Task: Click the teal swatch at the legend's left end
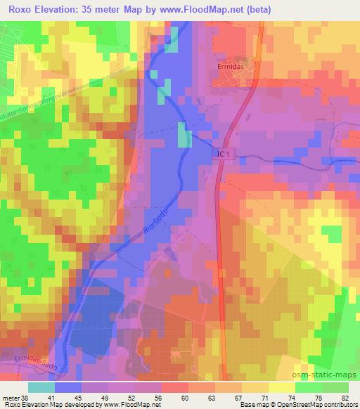pos(41,387)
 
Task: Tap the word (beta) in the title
pos(259,9)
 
